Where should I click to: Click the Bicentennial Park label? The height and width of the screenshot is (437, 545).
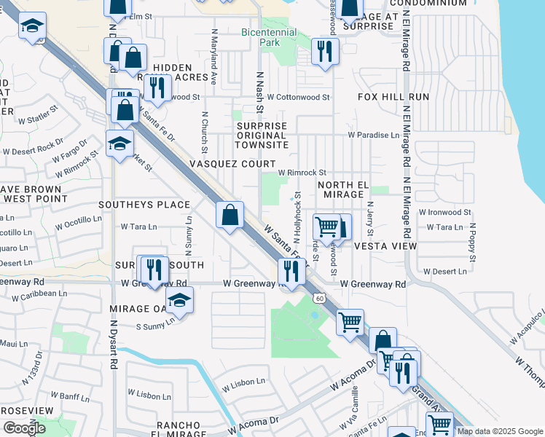point(269,37)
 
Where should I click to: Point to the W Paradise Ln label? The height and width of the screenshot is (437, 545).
point(373,135)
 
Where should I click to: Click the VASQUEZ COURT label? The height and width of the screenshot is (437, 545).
point(232,165)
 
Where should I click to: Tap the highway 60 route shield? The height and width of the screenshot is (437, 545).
point(319,298)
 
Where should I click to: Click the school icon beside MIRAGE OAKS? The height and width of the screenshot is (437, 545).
point(179,299)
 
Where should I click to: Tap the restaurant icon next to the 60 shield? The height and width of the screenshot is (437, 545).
point(291,271)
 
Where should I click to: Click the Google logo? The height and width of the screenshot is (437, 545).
point(24,428)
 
